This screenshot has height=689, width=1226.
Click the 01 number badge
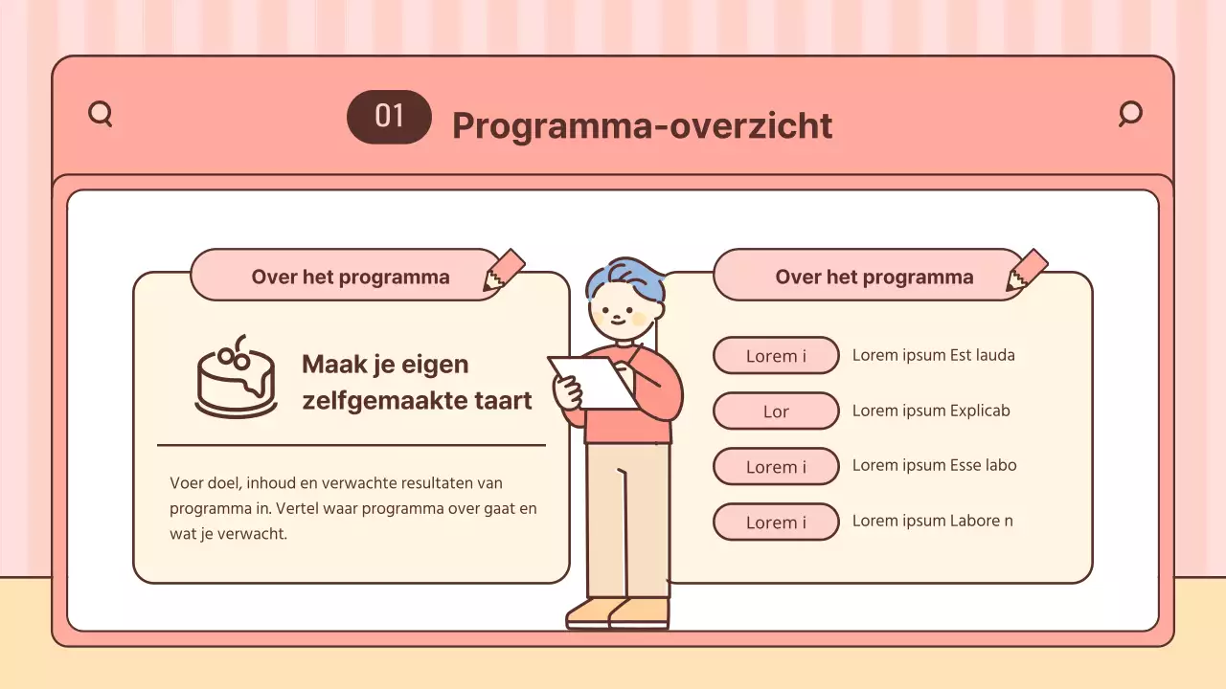click(x=389, y=117)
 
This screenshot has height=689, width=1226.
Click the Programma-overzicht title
click(x=642, y=125)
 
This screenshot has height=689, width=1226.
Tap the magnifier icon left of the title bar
click(x=100, y=114)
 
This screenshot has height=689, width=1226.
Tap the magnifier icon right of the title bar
click(x=1130, y=113)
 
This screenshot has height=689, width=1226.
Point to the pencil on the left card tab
click(x=504, y=270)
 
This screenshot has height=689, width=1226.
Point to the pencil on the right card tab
click(x=1027, y=270)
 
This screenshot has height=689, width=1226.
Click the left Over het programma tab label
click(x=350, y=277)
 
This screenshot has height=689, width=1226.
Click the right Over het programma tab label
click(x=874, y=277)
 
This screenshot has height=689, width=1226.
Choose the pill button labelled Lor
click(x=776, y=411)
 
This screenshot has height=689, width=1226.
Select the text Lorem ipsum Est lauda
click(x=933, y=355)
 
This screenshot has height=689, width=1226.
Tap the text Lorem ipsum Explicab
click(x=931, y=411)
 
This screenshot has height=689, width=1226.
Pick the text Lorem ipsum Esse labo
click(x=934, y=465)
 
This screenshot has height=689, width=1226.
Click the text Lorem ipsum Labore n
click(x=932, y=521)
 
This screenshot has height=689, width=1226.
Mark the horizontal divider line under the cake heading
click(x=351, y=445)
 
